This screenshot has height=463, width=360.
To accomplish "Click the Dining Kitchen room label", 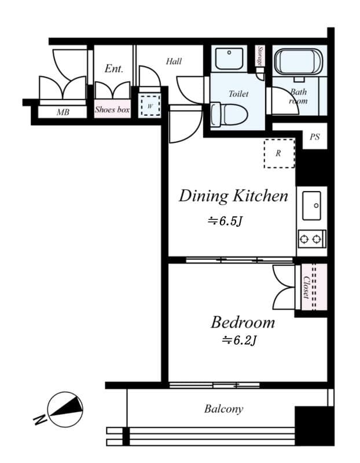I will (233, 196).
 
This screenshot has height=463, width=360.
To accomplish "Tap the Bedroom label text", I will (242, 322).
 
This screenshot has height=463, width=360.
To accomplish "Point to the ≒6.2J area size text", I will (239, 341).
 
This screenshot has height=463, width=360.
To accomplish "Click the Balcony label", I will (223, 409).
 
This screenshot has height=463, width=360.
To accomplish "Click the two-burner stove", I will (311, 238).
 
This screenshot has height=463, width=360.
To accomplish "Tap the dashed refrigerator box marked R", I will (279, 153).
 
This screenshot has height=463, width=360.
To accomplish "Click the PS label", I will (314, 138).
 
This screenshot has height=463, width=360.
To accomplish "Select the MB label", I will (63, 112).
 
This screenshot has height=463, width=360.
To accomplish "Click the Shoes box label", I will (112, 109).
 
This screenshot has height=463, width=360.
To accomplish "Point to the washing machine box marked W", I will (150, 105).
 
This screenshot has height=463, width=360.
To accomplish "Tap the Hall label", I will (174, 61).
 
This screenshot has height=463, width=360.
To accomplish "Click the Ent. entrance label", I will (113, 69).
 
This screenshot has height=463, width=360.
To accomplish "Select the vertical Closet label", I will (306, 287).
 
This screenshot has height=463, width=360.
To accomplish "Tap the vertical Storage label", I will (261, 58).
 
